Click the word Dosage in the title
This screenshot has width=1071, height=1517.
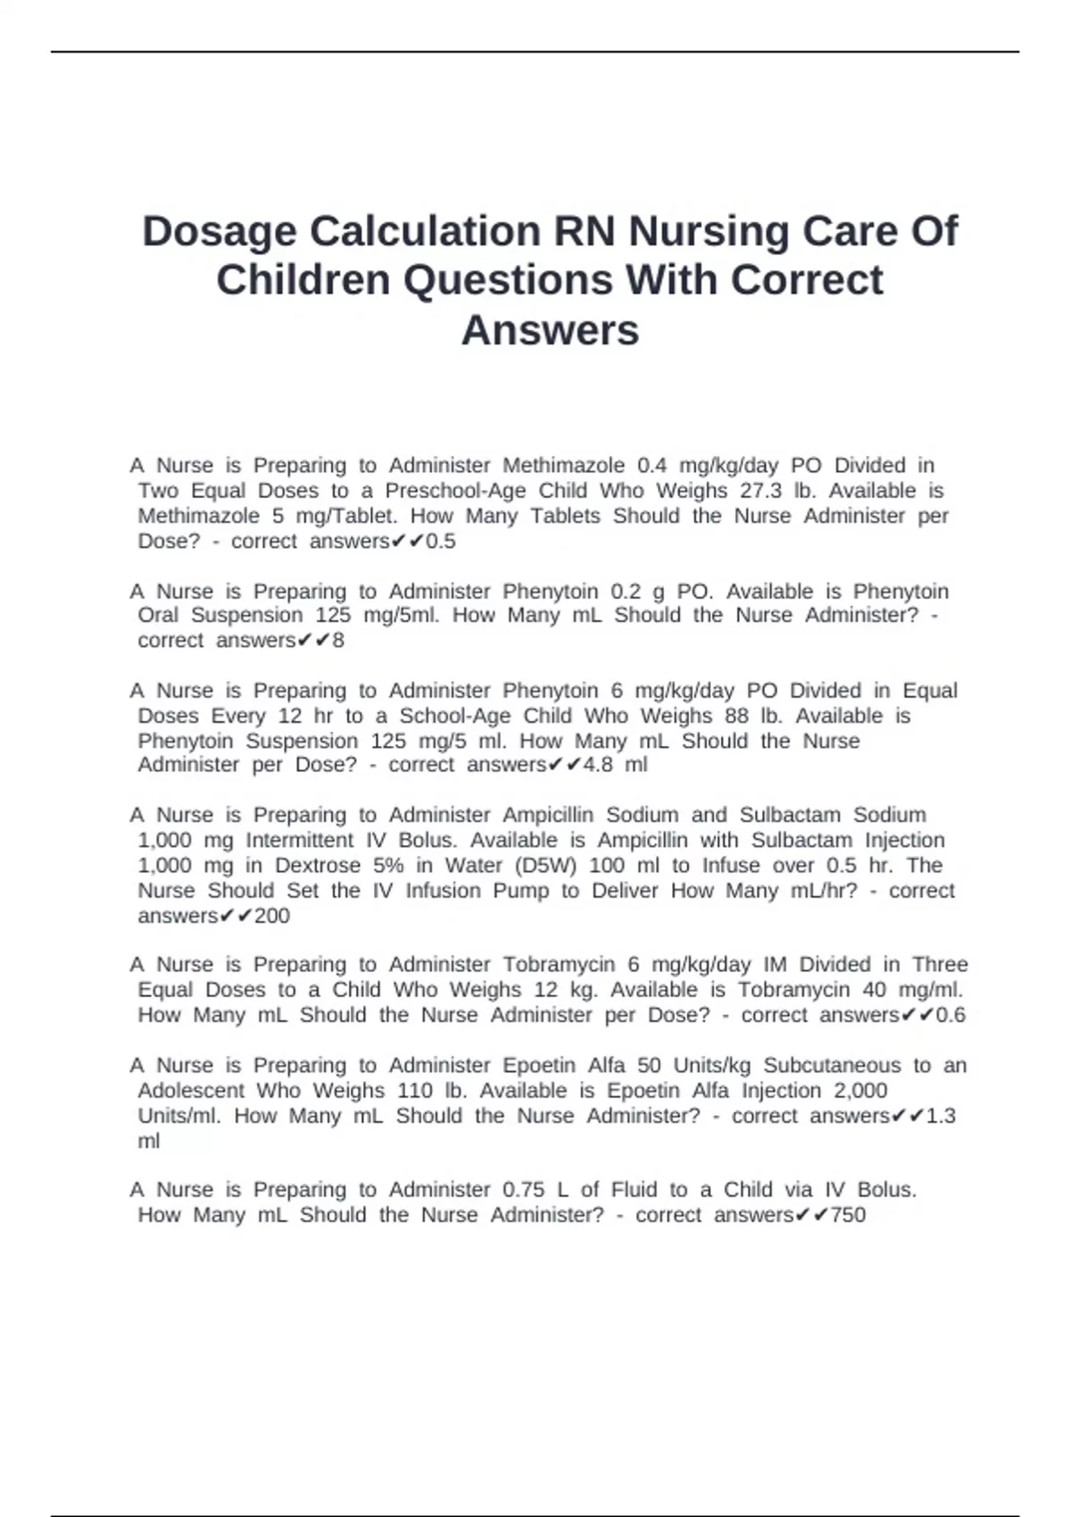pyautogui.click(x=219, y=231)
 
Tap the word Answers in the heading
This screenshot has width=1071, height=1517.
pyautogui.click(x=550, y=330)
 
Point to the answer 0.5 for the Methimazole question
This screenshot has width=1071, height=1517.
pyautogui.click(x=441, y=542)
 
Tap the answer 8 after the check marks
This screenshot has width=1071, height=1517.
pyautogui.click(x=338, y=641)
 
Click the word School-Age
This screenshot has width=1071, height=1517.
pyautogui.click(x=455, y=717)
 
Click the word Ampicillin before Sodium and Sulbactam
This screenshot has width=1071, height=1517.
pyautogui.click(x=548, y=815)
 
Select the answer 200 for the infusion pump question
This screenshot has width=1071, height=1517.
pyautogui.click(x=272, y=916)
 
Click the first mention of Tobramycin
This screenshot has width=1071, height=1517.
pyautogui.click(x=560, y=965)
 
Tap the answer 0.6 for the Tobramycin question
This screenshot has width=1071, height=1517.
pyautogui.click(x=951, y=1015)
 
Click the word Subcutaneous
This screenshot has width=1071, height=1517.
pyautogui.click(x=832, y=1065)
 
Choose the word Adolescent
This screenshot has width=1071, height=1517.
pyautogui.click(x=191, y=1090)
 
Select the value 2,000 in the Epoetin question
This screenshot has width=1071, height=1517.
pyautogui.click(x=860, y=1090)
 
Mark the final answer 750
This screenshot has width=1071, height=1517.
pyautogui.click(x=848, y=1215)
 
